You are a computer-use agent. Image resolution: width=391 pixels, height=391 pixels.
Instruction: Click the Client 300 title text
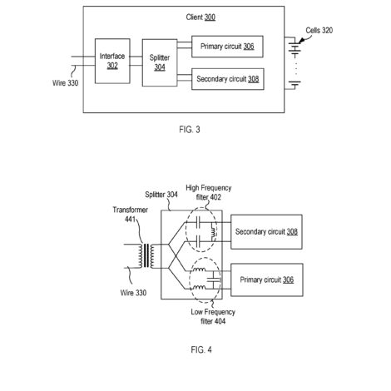click(x=200, y=17)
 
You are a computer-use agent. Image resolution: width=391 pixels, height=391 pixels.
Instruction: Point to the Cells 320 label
click(x=319, y=30)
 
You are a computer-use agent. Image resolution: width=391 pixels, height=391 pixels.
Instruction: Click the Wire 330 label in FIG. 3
click(x=66, y=83)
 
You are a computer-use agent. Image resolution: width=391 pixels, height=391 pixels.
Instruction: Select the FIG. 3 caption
click(x=190, y=130)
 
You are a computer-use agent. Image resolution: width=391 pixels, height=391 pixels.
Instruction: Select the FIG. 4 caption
click(x=201, y=349)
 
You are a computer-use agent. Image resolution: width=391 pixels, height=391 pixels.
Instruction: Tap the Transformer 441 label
click(x=130, y=215)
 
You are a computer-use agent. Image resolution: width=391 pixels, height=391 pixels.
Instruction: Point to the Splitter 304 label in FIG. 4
click(x=161, y=195)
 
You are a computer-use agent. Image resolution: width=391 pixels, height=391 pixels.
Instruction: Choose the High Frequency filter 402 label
click(x=209, y=192)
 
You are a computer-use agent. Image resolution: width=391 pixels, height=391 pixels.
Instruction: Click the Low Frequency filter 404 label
click(x=213, y=317)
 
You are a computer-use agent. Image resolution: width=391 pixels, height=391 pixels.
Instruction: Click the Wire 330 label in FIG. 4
click(x=133, y=293)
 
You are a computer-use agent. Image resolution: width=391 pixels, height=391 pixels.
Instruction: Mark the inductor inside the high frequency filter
click(x=213, y=231)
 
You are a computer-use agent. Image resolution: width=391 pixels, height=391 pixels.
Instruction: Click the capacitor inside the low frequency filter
click(x=214, y=280)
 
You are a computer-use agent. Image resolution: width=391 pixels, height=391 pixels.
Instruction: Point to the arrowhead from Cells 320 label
click(x=301, y=41)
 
